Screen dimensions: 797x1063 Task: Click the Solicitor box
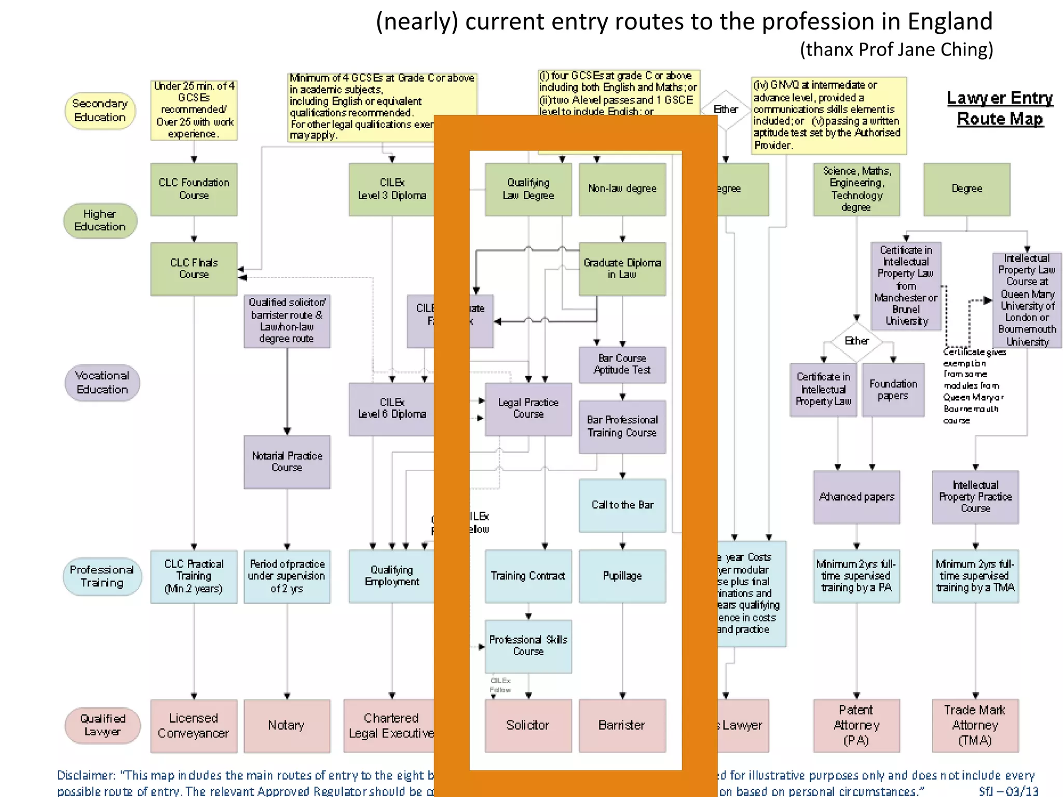[x=528, y=725]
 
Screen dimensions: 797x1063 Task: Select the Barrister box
[x=622, y=725]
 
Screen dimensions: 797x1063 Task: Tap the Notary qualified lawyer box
[x=287, y=725]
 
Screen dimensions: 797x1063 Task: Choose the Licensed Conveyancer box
[x=194, y=725]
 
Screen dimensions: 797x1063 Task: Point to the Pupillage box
[x=622, y=576]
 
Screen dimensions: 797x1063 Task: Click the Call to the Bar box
[x=622, y=505]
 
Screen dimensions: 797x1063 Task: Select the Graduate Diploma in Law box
[x=622, y=268]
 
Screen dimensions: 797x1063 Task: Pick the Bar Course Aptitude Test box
[x=622, y=364]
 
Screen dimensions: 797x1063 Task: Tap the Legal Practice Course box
[x=528, y=408]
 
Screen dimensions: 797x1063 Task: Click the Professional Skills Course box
[x=528, y=645]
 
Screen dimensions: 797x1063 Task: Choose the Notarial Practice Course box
[x=287, y=461]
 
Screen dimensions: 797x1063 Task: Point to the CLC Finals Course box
[x=194, y=268]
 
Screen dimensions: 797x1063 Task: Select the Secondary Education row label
[x=100, y=111]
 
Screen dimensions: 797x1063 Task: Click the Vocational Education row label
[x=102, y=382]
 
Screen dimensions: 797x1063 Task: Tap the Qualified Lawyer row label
[x=102, y=725]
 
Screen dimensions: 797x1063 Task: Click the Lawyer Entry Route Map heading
[x=999, y=108]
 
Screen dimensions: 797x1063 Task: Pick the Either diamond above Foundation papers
[x=856, y=341]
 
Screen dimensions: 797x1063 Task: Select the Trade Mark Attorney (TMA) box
[x=975, y=725]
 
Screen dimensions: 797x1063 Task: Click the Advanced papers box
[x=856, y=497]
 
